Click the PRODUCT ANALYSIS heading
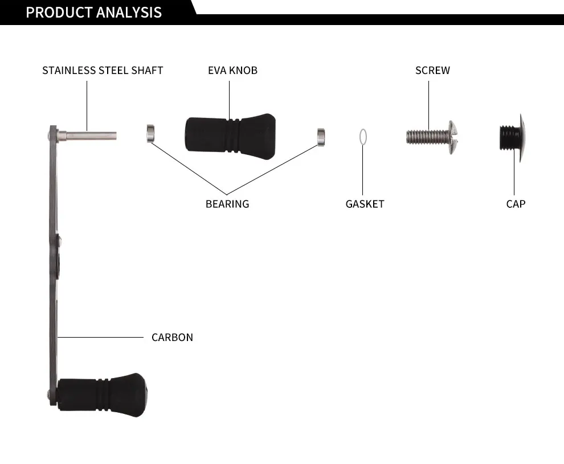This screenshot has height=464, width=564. point(94,13)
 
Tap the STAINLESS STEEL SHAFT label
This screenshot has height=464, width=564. point(103,71)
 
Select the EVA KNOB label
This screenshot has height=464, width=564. point(232,71)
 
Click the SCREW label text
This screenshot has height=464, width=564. point(432,71)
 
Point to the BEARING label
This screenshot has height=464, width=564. point(227,204)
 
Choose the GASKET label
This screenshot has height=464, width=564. point(365,204)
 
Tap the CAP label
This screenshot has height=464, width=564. point(516,204)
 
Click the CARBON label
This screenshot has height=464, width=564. point(172,338)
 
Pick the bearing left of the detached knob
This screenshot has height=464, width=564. point(151,133)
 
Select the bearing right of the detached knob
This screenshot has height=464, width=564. point(321,136)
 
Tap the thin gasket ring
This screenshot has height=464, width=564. point(363,137)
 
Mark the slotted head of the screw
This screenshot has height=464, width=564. point(453,137)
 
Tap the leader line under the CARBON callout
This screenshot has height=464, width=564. point(100,337)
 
